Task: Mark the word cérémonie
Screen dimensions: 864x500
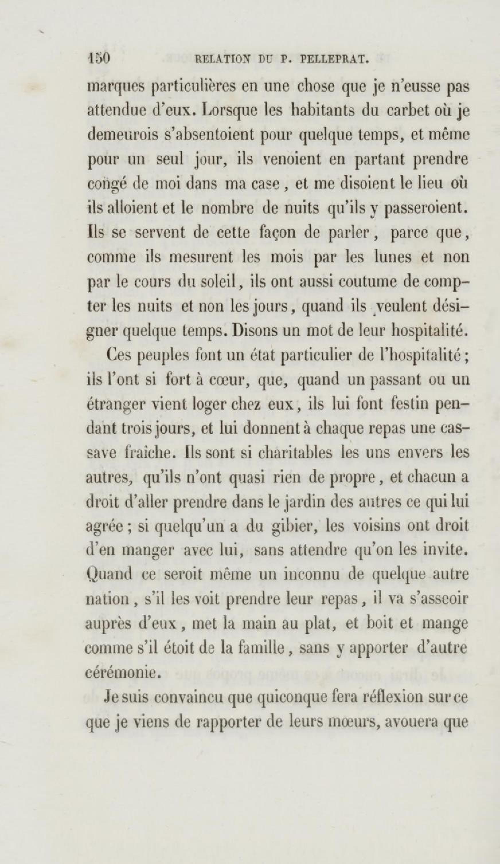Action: click(x=121, y=674)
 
